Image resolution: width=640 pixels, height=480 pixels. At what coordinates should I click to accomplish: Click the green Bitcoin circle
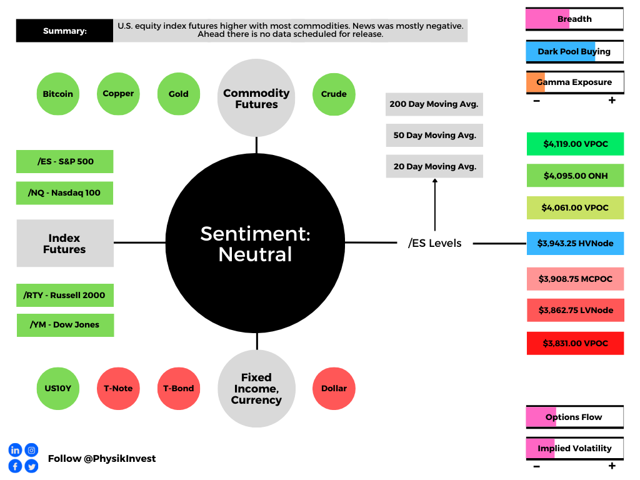click(x=58, y=94)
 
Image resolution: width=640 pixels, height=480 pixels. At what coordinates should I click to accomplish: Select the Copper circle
click(x=118, y=94)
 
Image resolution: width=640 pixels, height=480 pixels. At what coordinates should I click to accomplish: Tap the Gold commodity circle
click(x=179, y=94)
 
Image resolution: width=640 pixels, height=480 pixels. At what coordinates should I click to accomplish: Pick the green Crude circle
click(x=334, y=94)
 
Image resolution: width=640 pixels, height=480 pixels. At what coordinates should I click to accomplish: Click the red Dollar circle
click(x=334, y=389)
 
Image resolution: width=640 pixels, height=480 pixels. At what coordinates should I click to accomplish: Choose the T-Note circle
click(x=118, y=389)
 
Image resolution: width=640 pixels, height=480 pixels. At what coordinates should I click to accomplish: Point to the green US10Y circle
click(x=58, y=389)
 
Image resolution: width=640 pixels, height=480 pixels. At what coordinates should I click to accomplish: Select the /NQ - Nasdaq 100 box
click(x=64, y=193)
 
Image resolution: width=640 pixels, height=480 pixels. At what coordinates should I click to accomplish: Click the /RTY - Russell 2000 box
click(x=65, y=295)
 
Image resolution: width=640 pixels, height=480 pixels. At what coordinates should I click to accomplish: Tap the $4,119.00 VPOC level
click(x=575, y=144)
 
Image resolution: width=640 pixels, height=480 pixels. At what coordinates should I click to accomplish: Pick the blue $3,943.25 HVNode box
click(x=575, y=243)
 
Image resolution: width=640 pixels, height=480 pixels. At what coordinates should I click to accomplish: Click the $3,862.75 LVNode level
click(x=575, y=310)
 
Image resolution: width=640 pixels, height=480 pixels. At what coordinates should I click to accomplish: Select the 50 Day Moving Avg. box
click(x=434, y=135)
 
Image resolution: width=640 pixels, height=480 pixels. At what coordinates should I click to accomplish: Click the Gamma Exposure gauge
click(x=575, y=82)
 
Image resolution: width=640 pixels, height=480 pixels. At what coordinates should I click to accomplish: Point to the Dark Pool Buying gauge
click(x=575, y=51)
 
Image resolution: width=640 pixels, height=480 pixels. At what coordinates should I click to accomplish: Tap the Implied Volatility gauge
click(x=575, y=449)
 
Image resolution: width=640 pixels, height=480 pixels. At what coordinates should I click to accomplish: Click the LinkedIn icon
click(x=15, y=450)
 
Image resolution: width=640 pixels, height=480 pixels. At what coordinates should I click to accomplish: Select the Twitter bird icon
click(x=31, y=466)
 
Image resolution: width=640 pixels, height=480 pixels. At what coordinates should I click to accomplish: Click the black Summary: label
click(x=64, y=31)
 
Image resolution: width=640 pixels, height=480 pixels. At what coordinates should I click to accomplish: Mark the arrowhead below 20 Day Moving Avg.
click(x=435, y=181)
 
